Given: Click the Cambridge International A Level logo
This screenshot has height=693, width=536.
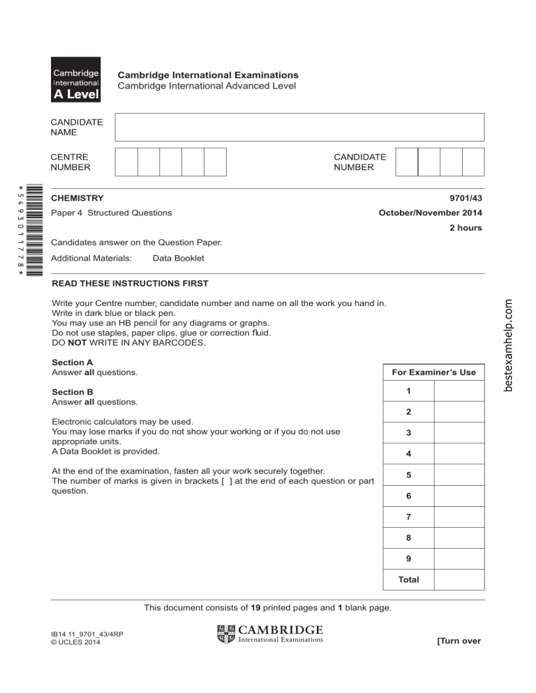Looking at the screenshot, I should click(x=75, y=79).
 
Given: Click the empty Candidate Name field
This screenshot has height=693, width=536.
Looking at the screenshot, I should click(x=299, y=127).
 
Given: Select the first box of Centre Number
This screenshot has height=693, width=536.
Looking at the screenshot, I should click(x=126, y=162).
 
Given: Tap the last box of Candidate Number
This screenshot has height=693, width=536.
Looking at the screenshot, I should click(x=473, y=162).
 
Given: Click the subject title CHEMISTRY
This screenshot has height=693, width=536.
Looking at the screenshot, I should click(x=77, y=199).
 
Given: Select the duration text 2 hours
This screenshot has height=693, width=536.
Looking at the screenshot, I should click(x=463, y=228).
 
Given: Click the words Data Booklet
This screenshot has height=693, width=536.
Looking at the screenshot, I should click(x=178, y=258).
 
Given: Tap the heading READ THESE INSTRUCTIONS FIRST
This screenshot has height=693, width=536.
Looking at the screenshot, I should click(x=130, y=284).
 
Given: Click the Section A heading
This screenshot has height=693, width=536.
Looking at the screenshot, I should click(x=73, y=363).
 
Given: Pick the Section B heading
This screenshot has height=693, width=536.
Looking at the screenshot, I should click(x=73, y=393).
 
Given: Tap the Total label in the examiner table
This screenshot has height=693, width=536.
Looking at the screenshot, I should click(x=408, y=579).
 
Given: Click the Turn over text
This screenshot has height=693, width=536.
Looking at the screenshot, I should click(x=459, y=641).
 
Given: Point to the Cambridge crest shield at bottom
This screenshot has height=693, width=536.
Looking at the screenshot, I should click(x=227, y=634).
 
